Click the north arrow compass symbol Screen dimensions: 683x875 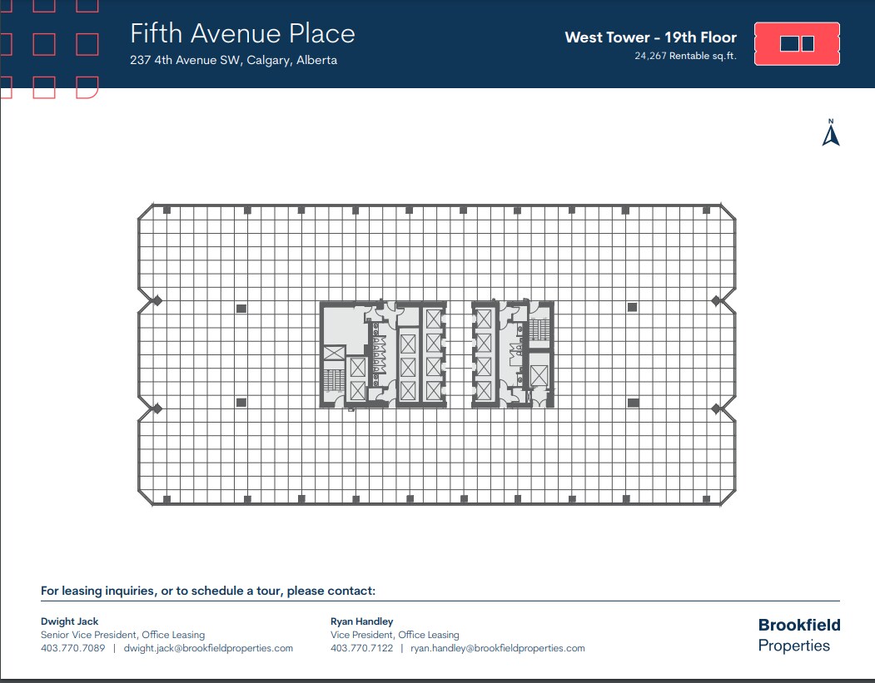(x=830, y=134)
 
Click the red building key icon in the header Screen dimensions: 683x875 (x=796, y=44)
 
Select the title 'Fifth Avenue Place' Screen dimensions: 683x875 (x=242, y=33)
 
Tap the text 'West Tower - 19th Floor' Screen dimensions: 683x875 (x=650, y=37)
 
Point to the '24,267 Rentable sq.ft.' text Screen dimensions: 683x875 (x=685, y=57)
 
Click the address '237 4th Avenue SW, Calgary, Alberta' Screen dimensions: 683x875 (x=233, y=60)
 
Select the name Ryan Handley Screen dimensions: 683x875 (x=362, y=621)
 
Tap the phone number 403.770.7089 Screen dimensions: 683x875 (x=72, y=648)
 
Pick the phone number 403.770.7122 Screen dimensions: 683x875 (x=362, y=648)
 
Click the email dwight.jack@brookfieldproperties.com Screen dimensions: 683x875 (x=208, y=648)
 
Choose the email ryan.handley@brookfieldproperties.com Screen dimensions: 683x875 (x=498, y=648)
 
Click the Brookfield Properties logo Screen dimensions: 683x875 (x=798, y=635)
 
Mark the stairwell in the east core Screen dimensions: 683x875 (x=539, y=329)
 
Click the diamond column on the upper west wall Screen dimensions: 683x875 (x=157, y=300)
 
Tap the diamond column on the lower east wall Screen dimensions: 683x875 (x=716, y=408)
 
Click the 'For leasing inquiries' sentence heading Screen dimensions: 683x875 (x=208, y=591)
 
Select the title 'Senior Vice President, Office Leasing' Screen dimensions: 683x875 (x=122, y=635)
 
